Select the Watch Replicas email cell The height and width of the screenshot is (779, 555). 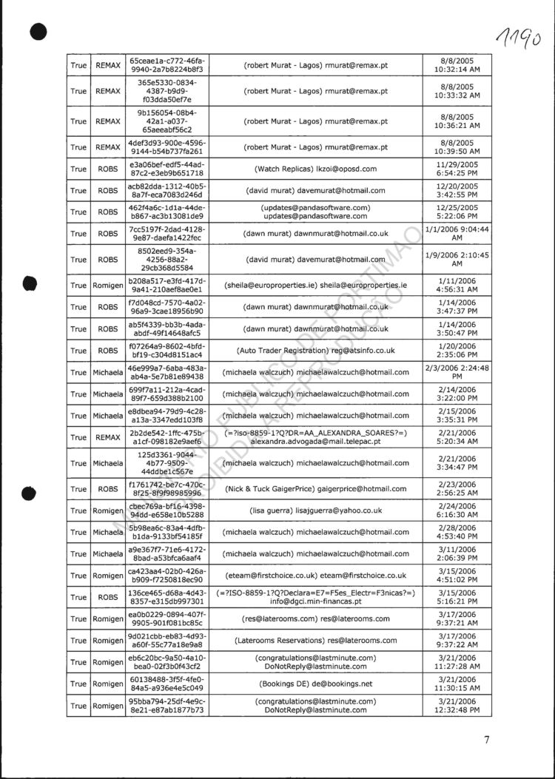pos(315,169)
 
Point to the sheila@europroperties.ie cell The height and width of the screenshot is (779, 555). pos(315,286)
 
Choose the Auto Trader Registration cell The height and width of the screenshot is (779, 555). pos(315,350)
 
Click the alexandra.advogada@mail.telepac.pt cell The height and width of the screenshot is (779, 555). pos(315,436)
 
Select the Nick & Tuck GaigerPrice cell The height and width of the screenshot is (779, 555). pos(315,488)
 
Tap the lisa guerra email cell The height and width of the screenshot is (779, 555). pos(315,510)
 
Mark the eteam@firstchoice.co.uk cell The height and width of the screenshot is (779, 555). pos(315,575)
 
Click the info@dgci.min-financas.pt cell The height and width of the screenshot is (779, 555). pos(315,597)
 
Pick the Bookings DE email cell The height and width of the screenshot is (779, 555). pos(315,684)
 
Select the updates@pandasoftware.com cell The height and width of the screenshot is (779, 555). pos(315,212)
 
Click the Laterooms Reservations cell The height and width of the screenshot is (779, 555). pos(315,640)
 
